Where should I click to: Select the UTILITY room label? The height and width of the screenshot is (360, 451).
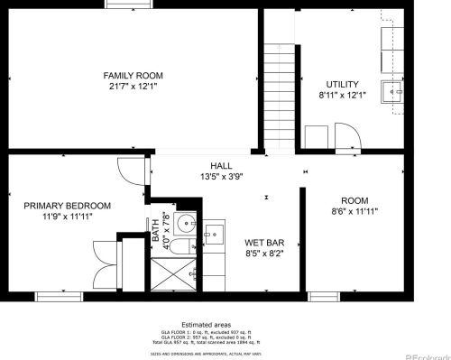tap(343, 84)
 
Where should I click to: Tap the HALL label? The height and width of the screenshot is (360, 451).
tap(221, 166)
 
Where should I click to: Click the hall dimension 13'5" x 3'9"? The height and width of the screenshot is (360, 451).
tap(221, 178)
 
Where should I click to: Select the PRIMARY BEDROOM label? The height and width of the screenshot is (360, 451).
tap(68, 206)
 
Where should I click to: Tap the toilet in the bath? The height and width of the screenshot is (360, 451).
tap(181, 247)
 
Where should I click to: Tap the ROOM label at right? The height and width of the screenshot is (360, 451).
tap(354, 200)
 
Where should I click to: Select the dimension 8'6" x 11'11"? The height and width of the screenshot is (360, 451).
tap(354, 212)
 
